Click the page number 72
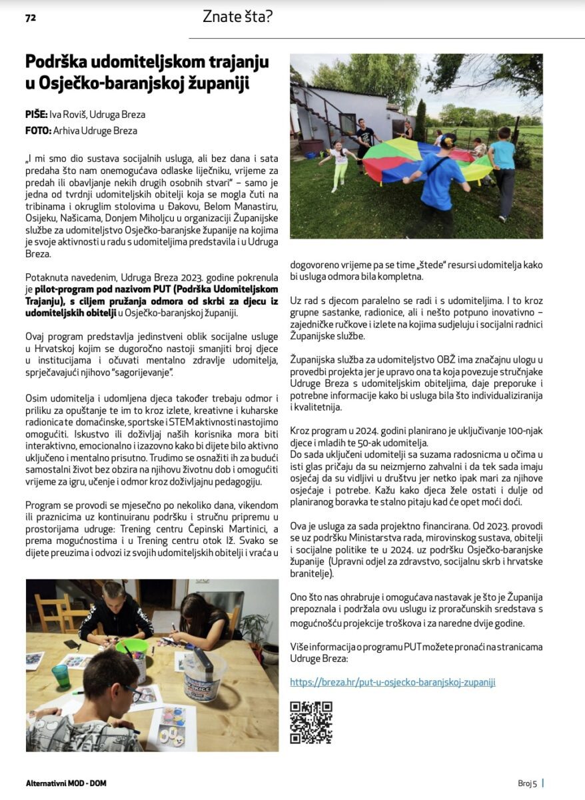click(30, 19)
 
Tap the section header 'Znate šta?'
click(238, 17)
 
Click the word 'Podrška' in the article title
click(57, 62)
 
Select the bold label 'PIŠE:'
click(36, 114)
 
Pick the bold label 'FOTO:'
click(38, 131)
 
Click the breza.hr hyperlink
click(392, 682)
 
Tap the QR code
click(311, 722)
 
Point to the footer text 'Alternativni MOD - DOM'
click(66, 783)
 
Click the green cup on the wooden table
click(61, 676)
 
